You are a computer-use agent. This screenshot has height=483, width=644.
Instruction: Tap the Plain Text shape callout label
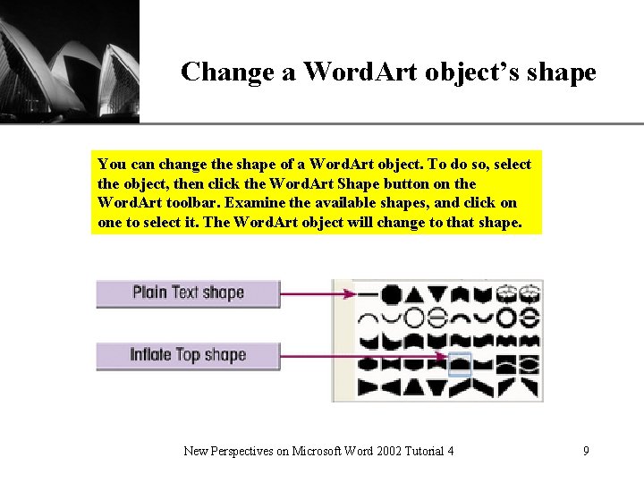[188, 293]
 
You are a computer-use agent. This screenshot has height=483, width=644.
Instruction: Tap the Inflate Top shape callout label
[188, 355]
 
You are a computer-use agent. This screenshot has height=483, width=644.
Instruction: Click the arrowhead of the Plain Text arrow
[352, 293]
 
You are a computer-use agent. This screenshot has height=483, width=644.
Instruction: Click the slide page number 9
[586, 451]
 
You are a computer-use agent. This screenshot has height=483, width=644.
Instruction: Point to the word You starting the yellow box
[110, 165]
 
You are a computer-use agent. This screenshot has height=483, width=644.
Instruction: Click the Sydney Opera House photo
[70, 60]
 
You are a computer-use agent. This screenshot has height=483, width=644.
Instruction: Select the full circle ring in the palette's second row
[413, 318]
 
